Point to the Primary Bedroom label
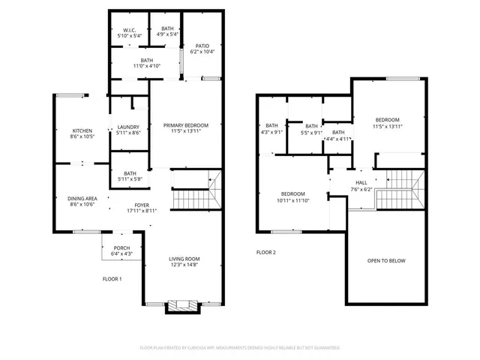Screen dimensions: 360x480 [x=186, y=124]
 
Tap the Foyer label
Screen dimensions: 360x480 [x=142, y=205]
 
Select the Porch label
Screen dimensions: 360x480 [x=121, y=248]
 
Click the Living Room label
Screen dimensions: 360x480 [x=184, y=259]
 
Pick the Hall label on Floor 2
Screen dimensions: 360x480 [x=361, y=182]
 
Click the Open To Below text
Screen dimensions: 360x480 [x=386, y=260]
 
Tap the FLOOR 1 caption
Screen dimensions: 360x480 [x=112, y=279]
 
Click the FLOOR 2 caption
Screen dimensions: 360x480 [x=266, y=253]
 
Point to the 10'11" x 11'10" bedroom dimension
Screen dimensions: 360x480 [x=292, y=199]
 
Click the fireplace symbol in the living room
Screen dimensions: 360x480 [x=183, y=306]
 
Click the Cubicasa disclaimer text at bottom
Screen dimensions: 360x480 [x=240, y=348]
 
